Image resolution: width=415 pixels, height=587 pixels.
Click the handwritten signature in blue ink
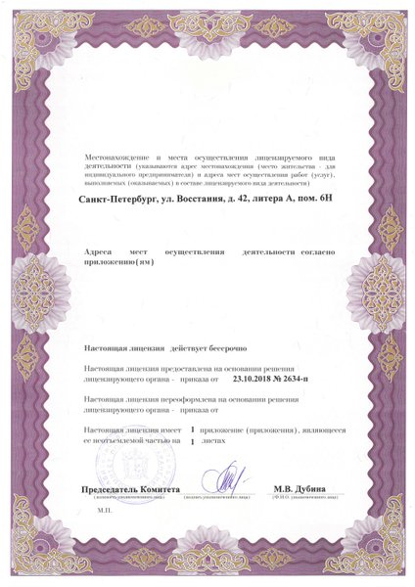(x=224, y=480)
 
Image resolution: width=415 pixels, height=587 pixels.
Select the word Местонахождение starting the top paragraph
(x=116, y=157)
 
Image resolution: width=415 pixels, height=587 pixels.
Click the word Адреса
(x=101, y=251)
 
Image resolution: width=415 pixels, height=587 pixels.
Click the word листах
(x=226, y=442)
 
